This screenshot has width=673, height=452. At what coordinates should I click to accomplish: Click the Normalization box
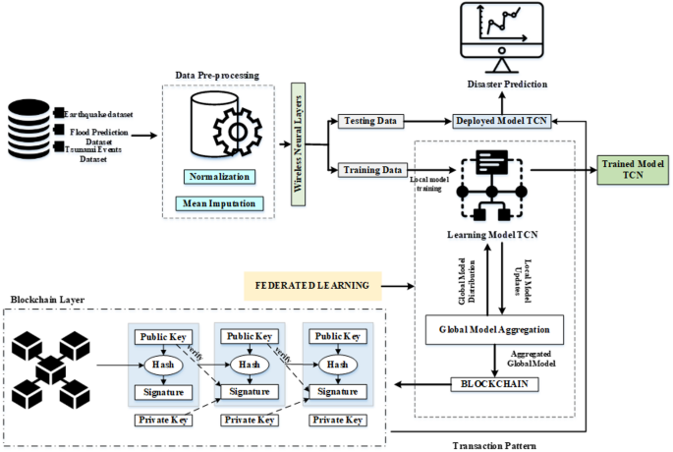(x=217, y=177)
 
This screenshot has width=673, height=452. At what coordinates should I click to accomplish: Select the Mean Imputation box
(x=217, y=203)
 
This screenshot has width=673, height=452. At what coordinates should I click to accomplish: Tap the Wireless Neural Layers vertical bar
(x=301, y=142)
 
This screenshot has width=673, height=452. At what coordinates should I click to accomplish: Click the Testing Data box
(x=370, y=121)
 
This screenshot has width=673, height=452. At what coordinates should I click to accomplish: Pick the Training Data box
(x=372, y=170)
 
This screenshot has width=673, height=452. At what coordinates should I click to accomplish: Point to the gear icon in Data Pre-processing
(x=238, y=133)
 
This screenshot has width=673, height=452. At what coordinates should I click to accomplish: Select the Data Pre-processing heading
(x=217, y=74)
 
